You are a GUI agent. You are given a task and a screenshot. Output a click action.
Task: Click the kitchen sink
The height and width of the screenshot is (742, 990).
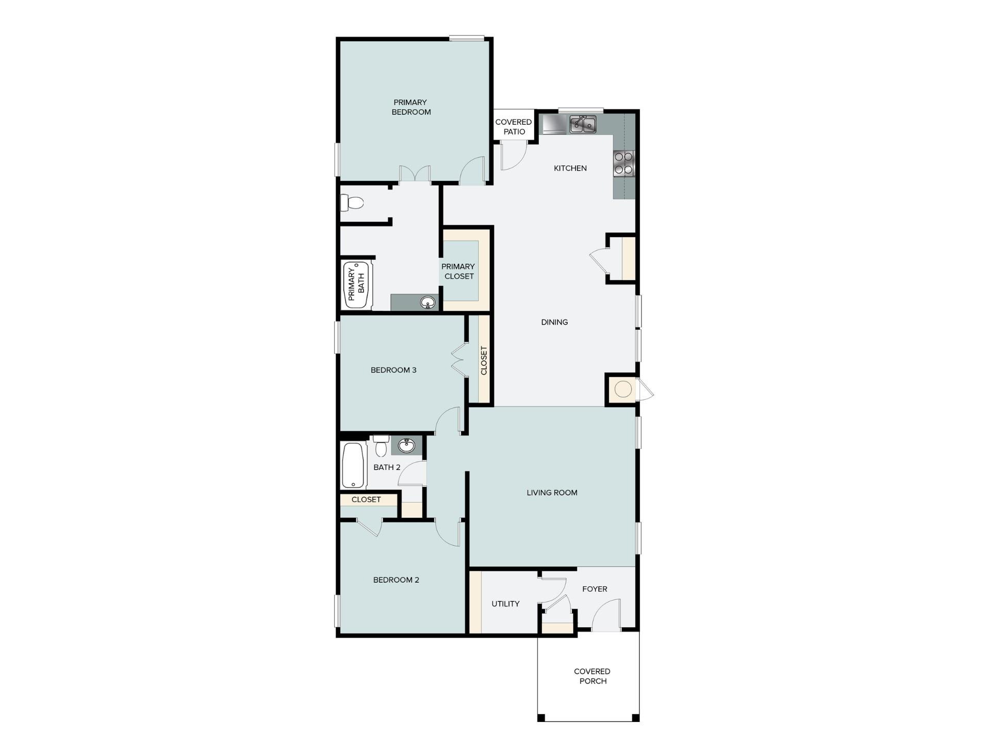[x=583, y=125]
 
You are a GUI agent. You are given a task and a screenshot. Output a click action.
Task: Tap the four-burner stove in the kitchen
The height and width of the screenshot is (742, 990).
[x=623, y=163]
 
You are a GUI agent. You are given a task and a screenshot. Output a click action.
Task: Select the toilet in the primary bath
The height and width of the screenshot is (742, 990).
[x=352, y=203]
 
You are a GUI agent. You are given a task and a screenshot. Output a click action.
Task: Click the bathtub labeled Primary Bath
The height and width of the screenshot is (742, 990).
[x=357, y=285]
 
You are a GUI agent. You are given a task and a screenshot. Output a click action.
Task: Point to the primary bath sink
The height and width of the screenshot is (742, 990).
[x=427, y=302]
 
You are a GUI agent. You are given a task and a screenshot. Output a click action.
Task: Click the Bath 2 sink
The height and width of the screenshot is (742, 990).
[x=407, y=445]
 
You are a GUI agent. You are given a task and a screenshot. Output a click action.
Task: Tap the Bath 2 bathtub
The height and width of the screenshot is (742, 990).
[x=354, y=466]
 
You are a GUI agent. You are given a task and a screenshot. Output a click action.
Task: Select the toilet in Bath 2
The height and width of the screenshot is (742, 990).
[x=381, y=446]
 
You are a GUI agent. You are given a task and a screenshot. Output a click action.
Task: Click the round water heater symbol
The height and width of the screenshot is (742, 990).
[x=623, y=389]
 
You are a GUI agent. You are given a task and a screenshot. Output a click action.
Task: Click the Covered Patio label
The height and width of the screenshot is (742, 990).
[x=514, y=127]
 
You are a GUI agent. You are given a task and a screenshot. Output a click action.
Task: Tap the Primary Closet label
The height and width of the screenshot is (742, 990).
[x=458, y=271]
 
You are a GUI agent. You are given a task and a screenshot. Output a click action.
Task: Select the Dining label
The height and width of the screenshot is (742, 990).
[x=554, y=322]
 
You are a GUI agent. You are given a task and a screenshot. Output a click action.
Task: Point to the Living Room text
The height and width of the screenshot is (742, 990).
[x=552, y=493]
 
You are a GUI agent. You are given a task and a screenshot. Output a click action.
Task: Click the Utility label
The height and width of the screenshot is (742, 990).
[x=505, y=604]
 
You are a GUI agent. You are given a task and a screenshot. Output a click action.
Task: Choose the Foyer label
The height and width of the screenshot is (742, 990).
[x=595, y=589]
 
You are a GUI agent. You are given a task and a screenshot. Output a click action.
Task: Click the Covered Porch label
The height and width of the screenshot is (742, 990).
[x=592, y=676]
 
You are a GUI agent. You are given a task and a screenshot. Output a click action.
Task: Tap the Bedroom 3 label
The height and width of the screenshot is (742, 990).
[x=393, y=370]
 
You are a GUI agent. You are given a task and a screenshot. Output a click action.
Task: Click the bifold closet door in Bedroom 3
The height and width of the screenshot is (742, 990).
[x=459, y=360]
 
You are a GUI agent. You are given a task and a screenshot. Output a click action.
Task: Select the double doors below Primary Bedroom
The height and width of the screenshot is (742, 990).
[x=415, y=174]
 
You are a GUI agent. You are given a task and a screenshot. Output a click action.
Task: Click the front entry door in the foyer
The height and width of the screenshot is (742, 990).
[x=606, y=618]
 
